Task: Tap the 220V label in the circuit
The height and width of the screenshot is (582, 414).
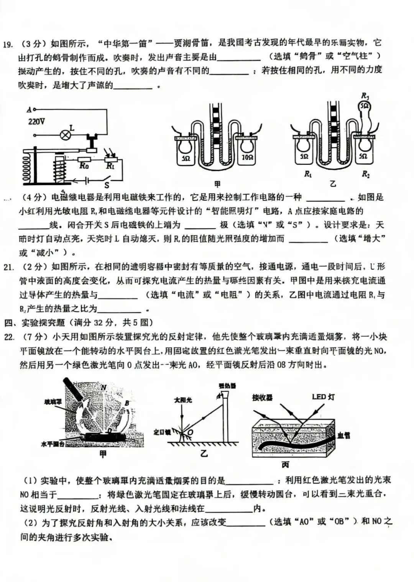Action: [x=36, y=122]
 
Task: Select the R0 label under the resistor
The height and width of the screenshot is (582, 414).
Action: [x=84, y=166]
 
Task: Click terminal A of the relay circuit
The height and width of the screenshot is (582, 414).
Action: [x=30, y=110]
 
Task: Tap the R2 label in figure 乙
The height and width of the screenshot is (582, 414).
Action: [x=366, y=174]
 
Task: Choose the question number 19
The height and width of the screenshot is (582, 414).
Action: [x=7, y=44]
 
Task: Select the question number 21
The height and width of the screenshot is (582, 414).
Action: [x=8, y=267]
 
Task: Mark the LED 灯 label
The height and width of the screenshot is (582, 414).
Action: [x=323, y=397]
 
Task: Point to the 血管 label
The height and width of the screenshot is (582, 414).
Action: [x=343, y=436]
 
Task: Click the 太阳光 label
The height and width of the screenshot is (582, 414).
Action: [x=183, y=400]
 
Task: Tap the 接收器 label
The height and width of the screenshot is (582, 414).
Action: [x=262, y=398]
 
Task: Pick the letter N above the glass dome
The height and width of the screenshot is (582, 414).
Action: [x=103, y=388]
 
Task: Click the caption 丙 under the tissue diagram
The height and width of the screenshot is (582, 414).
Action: [x=285, y=465]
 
